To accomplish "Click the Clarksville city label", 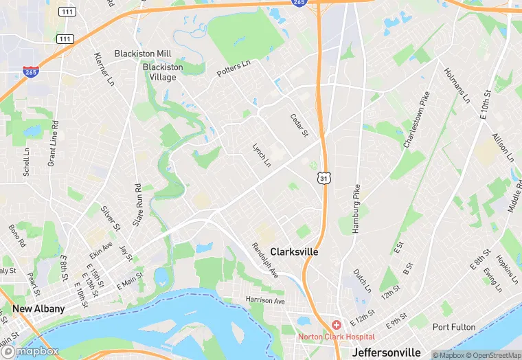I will [294, 252].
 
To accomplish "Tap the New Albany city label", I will [38, 308].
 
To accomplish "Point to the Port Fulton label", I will [454, 327].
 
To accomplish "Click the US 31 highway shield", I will [323, 178].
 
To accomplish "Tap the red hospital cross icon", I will [337, 324].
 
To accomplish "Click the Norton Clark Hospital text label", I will [337, 337].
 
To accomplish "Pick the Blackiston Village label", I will [163, 72].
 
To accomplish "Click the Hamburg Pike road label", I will [356, 209].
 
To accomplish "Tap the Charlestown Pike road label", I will [417, 120].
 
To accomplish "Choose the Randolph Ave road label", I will [264, 260].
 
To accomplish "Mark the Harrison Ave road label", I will [265, 300].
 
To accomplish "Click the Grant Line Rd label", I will [52, 144].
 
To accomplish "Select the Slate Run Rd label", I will [137, 205].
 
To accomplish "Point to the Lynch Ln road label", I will [262, 155].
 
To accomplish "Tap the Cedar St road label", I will [299, 125].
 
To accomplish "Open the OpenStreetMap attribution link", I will [492, 355].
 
